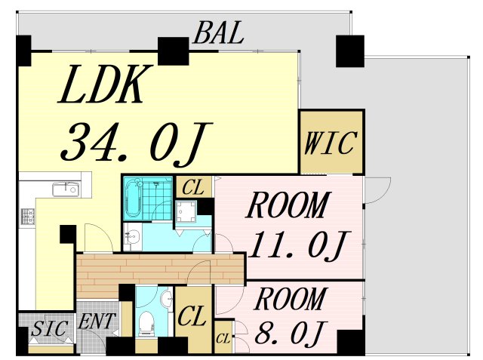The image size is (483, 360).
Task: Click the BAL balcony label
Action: click(x=219, y=33)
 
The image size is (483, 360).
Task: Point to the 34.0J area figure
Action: click(x=136, y=143)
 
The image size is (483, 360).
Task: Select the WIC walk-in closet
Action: click(x=331, y=143)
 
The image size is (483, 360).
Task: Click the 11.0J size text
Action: click(x=298, y=245)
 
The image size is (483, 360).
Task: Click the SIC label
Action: click(x=49, y=328)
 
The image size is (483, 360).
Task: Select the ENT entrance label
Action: click(x=97, y=322)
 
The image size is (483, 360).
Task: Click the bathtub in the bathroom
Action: click(x=134, y=198)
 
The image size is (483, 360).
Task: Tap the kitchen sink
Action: click(x=66, y=189)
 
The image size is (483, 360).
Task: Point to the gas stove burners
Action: click(x=28, y=216)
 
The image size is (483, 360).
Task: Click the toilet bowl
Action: click(x=146, y=323)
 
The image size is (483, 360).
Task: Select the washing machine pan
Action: click(x=186, y=211)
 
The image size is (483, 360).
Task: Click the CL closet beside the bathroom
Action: click(x=194, y=187)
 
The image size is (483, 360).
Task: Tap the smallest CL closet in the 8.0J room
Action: click(x=223, y=338)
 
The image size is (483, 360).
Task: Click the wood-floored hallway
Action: click(x=160, y=270)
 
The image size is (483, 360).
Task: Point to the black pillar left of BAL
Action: click(x=173, y=51)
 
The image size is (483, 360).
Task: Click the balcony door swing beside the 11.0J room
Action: click(x=377, y=190)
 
